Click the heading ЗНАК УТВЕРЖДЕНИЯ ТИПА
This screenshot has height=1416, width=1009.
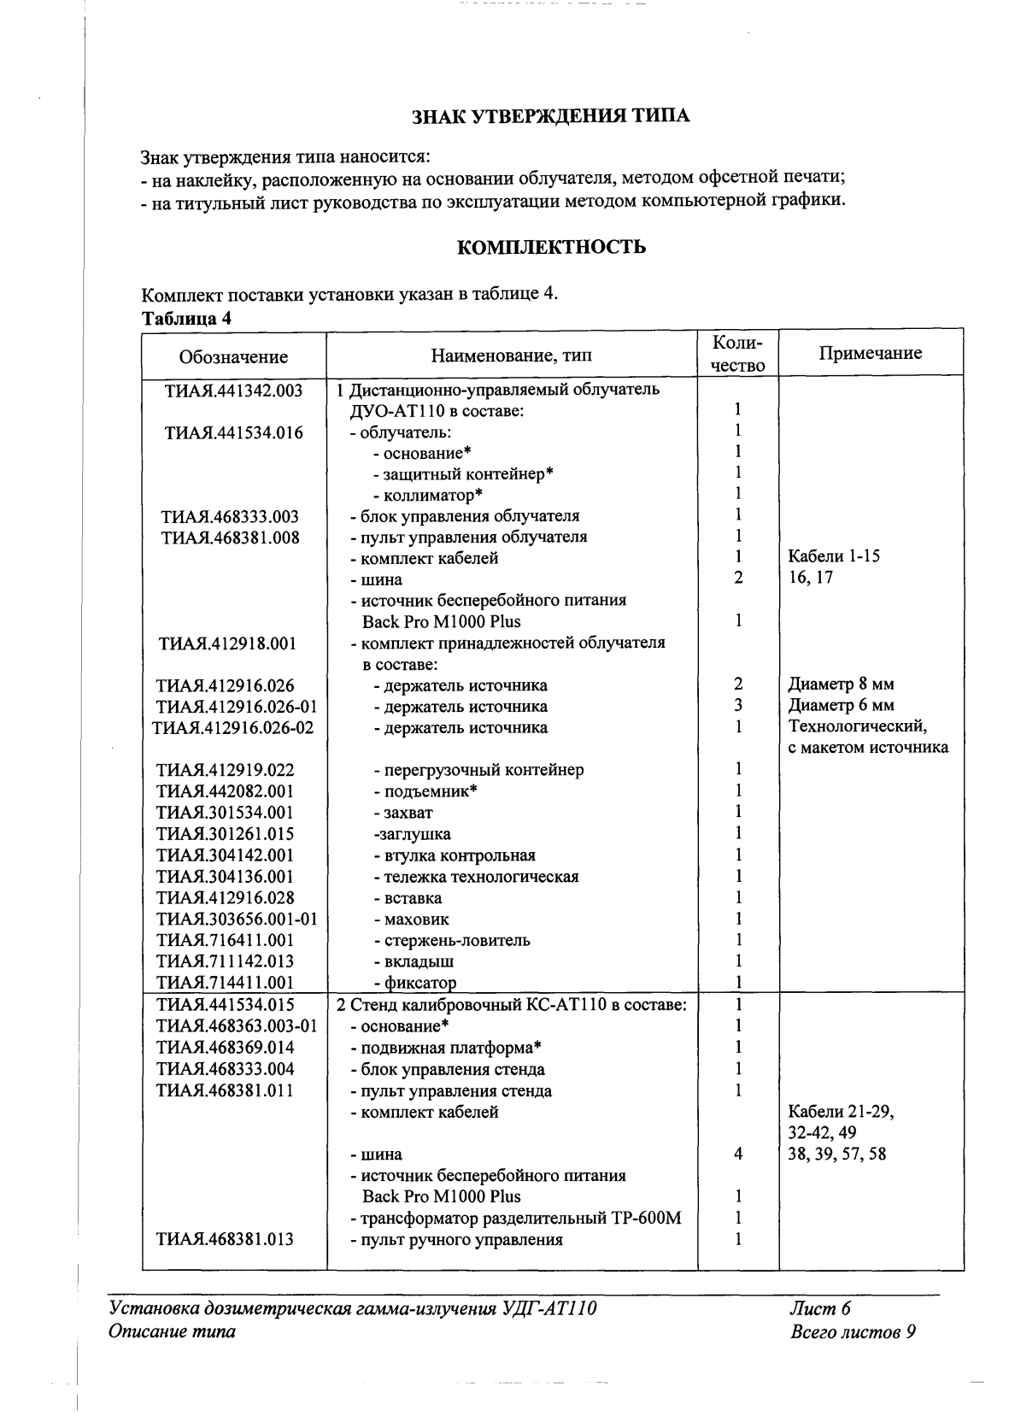click(551, 116)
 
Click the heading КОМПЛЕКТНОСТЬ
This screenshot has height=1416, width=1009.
click(551, 248)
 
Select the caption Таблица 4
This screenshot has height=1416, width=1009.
click(186, 319)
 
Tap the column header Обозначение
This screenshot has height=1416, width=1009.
click(233, 356)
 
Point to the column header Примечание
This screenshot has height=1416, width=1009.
click(870, 353)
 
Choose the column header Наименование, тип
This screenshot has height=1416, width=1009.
click(511, 355)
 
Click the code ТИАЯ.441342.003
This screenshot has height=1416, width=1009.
click(233, 391)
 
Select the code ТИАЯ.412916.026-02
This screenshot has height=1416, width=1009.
click(233, 728)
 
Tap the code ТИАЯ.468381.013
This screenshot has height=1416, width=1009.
click(226, 1239)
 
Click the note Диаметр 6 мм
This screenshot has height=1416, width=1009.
click(841, 706)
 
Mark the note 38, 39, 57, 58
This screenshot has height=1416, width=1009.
click(836, 1155)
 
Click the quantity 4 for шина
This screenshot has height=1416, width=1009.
click(737, 1155)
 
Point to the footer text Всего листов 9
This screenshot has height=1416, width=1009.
click(854, 1331)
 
